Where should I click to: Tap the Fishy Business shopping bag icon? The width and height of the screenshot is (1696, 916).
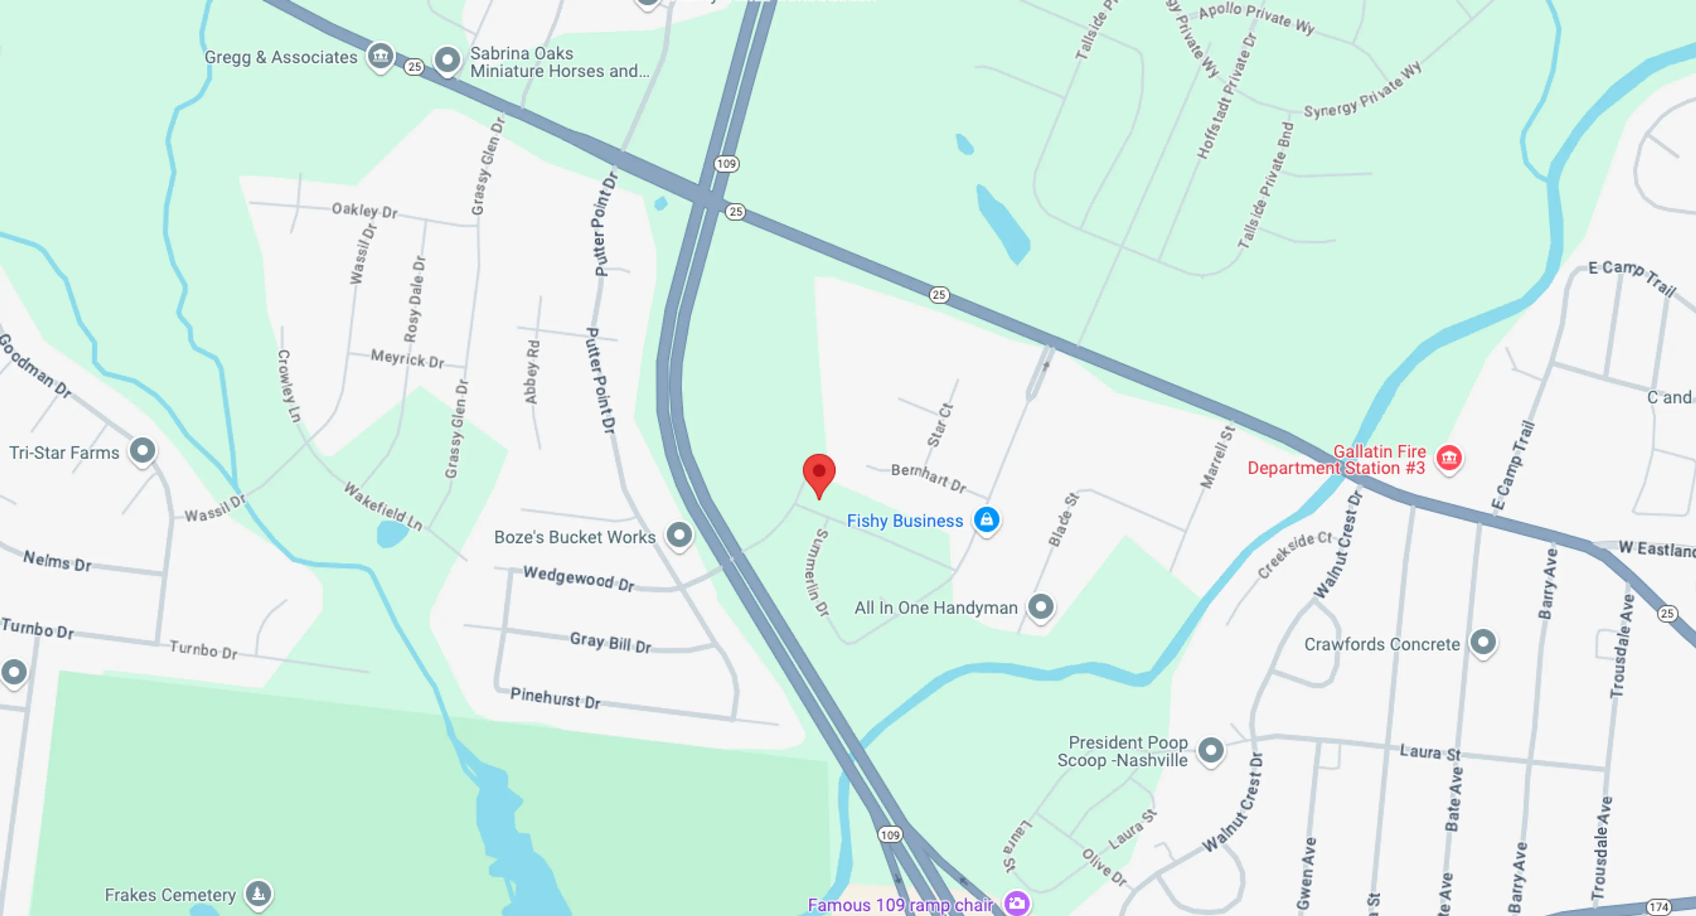pyautogui.click(x=986, y=519)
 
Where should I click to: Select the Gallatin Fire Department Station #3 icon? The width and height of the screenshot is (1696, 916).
pyautogui.click(x=1449, y=458)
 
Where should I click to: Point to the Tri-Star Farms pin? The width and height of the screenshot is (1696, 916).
pyautogui.click(x=142, y=451)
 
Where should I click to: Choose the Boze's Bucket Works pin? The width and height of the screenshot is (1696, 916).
pyautogui.click(x=679, y=535)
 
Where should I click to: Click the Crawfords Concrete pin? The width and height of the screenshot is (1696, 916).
pyautogui.click(x=1483, y=642)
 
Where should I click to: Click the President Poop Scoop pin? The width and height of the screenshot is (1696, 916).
pyautogui.click(x=1211, y=750)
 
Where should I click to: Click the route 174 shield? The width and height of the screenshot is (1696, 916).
pyautogui.click(x=1658, y=907)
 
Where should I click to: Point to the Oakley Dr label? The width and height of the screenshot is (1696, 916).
pyautogui.click(x=364, y=210)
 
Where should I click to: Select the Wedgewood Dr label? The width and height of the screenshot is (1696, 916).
pyautogui.click(x=579, y=578)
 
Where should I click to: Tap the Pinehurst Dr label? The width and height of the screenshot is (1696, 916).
pyautogui.click(x=555, y=697)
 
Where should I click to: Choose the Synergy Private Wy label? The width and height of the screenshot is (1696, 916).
pyautogui.click(x=1362, y=91)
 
